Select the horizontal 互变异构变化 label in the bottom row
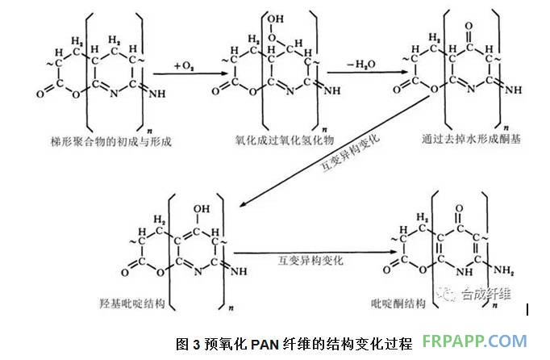click(310, 261)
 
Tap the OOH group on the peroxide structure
click(275, 24)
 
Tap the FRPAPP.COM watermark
click(480, 342)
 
